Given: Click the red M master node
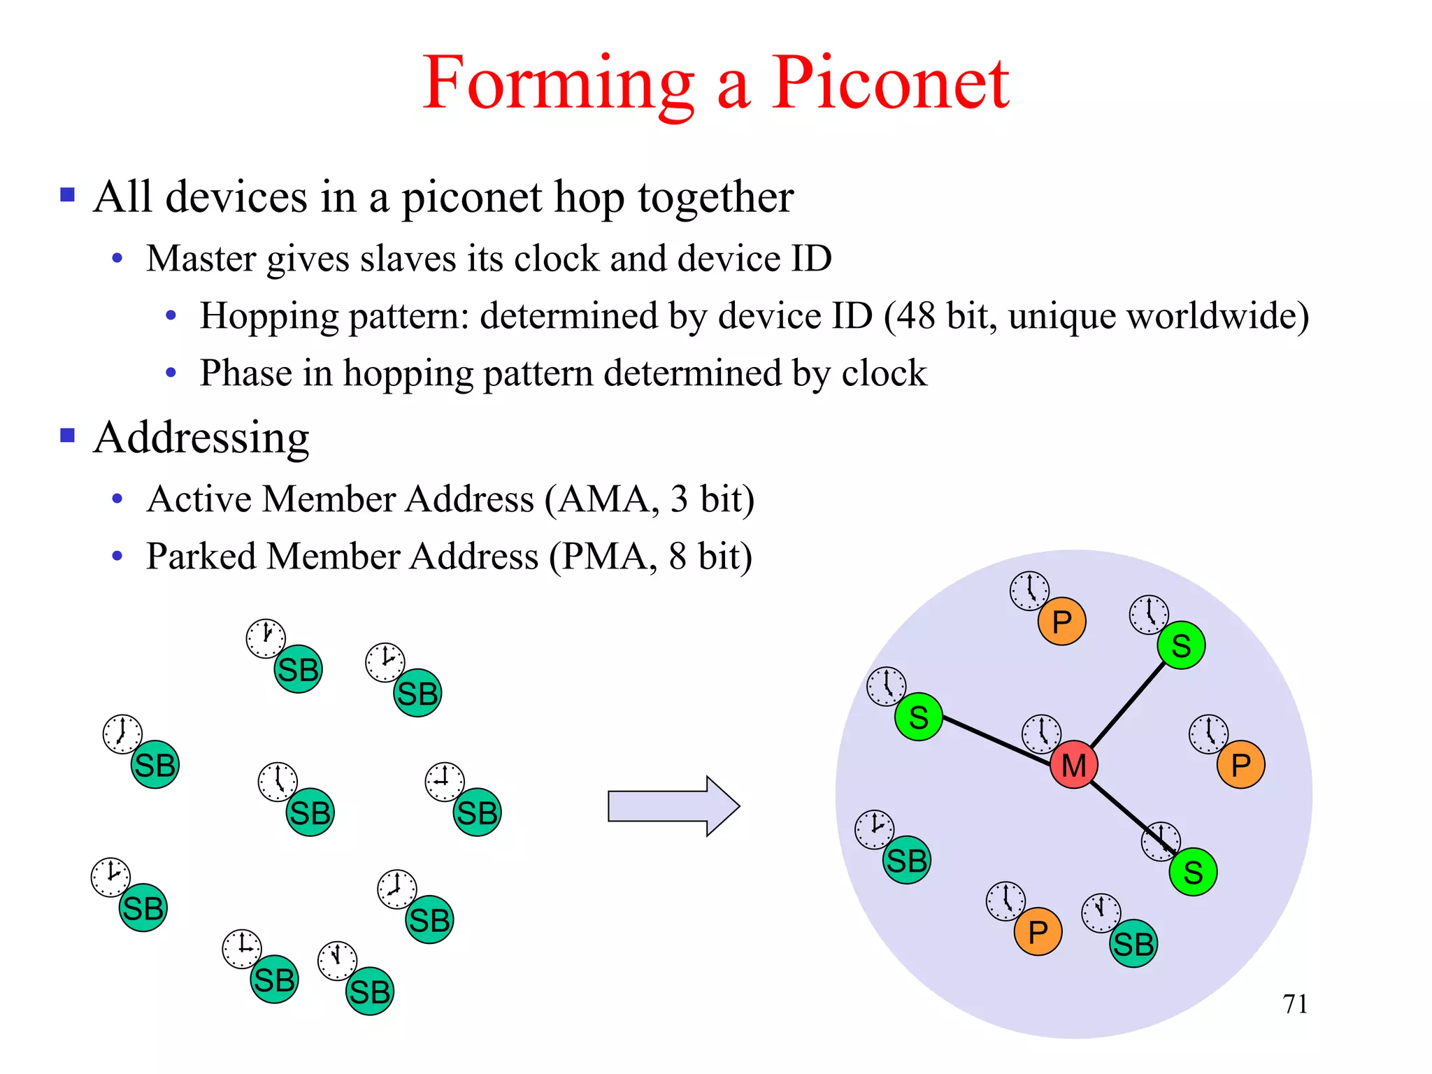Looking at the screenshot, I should [x=1073, y=765].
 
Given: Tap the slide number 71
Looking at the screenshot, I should [x=1295, y=1004].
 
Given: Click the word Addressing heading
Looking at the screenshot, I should [x=201, y=438].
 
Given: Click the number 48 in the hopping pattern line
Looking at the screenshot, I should [x=917, y=316].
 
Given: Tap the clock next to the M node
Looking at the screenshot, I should [x=1041, y=734].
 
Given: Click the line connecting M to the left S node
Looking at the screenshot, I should [x=996, y=740].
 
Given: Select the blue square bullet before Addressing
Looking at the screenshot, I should [x=68, y=436].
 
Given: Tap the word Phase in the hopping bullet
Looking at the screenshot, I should [x=245, y=373].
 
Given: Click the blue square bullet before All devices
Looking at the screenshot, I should [x=68, y=194].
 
